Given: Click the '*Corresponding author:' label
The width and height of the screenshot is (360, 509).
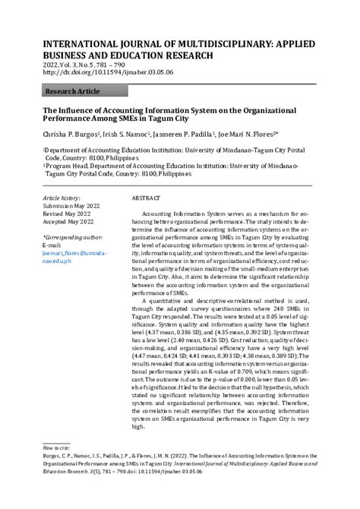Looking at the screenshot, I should coord(74,238).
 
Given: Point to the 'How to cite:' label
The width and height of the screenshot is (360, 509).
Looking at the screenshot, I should coord(58,449).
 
